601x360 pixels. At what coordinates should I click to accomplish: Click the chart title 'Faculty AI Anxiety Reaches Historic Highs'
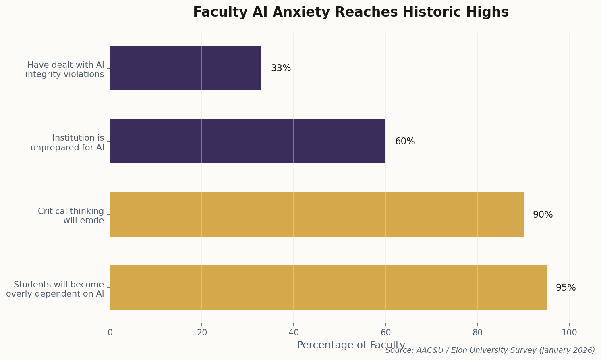point(350,12)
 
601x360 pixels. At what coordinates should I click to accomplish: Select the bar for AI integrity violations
point(186,68)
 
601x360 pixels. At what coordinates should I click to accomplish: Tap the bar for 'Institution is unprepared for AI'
point(247,141)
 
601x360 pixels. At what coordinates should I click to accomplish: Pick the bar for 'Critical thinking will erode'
point(317,214)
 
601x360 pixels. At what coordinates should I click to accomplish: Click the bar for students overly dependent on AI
point(328,287)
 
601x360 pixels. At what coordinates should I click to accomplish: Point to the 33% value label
point(281,68)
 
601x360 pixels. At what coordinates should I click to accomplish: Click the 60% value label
point(405,142)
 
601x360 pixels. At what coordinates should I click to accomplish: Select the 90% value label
point(543,215)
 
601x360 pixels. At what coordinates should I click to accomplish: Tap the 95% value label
point(566,288)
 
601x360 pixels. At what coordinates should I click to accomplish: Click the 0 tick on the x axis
point(110,333)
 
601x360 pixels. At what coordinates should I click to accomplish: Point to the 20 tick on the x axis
point(202,333)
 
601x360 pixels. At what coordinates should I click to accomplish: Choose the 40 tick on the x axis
point(294,333)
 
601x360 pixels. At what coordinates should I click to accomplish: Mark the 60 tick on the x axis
point(385,333)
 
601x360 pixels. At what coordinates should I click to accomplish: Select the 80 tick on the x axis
point(477,333)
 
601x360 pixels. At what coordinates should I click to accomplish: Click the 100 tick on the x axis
point(569,333)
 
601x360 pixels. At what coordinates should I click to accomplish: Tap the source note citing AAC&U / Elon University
point(490,350)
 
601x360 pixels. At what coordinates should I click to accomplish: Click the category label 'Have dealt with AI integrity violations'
point(65,70)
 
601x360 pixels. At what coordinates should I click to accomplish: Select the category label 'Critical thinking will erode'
point(71,216)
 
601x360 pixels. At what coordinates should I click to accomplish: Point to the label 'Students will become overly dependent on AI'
point(55,289)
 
